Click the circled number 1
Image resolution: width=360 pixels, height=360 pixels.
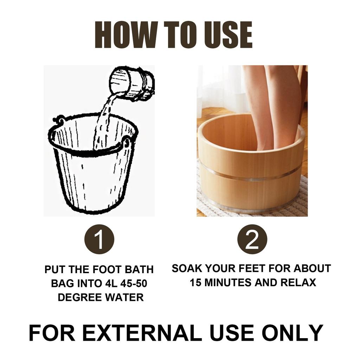[x=99, y=239]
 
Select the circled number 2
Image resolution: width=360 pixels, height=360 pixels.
[x=252, y=239]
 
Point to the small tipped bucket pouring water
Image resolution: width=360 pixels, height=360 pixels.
[x=132, y=83]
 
